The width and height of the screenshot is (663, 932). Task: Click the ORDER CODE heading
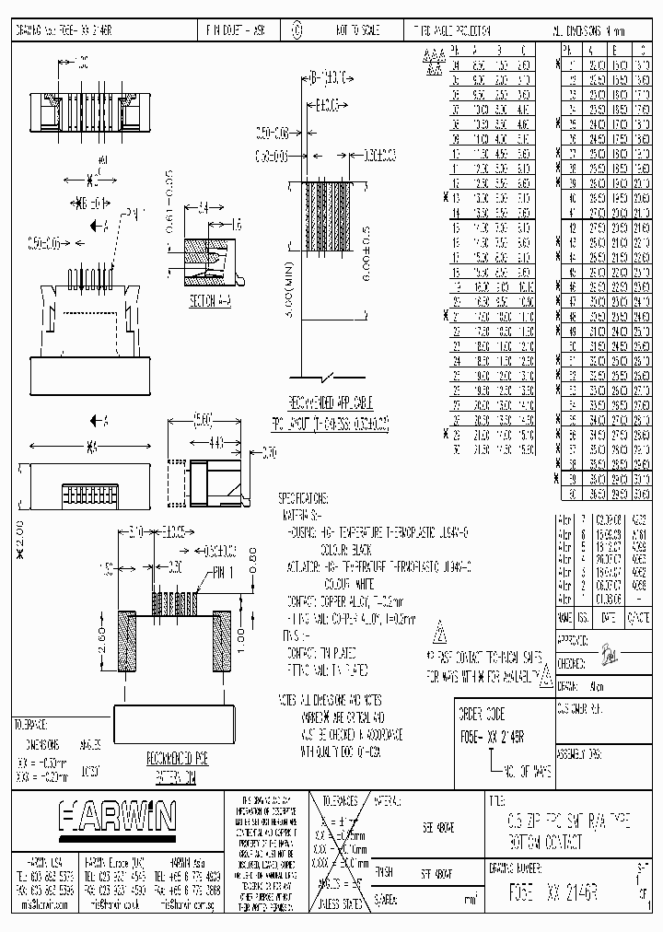(x=482, y=714)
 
